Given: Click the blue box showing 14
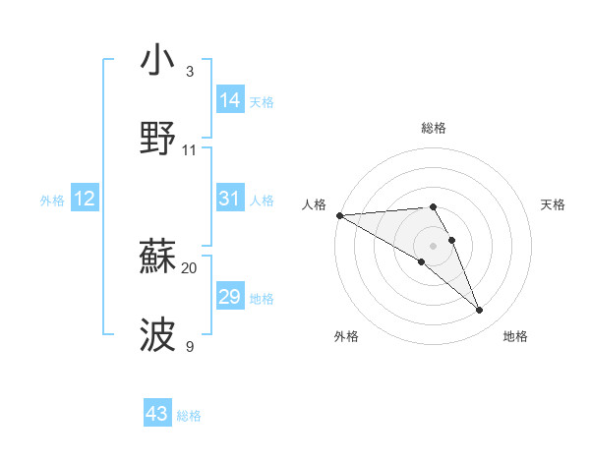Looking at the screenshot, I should click(x=230, y=100).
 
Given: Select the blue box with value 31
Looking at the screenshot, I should click(x=229, y=199).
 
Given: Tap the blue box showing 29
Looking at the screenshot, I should click(x=229, y=297).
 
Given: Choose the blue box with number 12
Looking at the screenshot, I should click(x=85, y=199).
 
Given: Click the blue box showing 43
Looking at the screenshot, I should click(x=157, y=414).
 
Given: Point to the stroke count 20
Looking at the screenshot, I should click(x=190, y=267).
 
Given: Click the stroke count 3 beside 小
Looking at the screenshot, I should click(x=190, y=72).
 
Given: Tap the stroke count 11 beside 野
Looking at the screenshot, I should click(x=190, y=150).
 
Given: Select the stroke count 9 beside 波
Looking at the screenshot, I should click(x=190, y=346).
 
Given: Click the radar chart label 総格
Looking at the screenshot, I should click(x=434, y=128).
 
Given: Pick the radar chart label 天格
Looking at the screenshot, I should click(x=553, y=204).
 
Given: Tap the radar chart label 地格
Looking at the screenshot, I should click(x=515, y=336).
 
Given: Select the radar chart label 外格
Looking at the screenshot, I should click(x=346, y=336).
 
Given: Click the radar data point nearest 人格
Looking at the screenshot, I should click(x=339, y=215).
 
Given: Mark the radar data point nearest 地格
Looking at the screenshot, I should click(x=479, y=310).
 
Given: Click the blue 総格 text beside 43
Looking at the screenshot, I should click(x=189, y=416).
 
